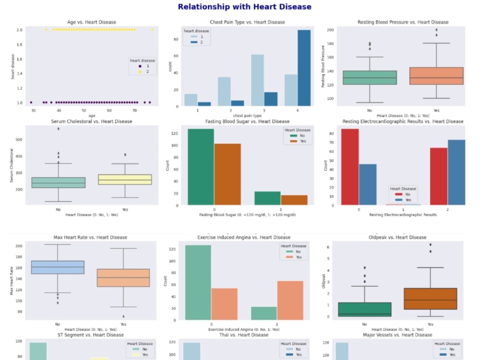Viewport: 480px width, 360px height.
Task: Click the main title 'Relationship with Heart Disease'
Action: [244, 7]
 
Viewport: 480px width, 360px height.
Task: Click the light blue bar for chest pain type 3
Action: [257, 80]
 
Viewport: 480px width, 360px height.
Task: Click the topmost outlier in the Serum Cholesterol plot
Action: [59, 129]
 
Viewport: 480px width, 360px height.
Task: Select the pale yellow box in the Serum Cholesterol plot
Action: [125, 180]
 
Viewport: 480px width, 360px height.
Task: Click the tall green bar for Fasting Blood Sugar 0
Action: [201, 167]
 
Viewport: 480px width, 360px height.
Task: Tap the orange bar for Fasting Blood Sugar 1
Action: [294, 200]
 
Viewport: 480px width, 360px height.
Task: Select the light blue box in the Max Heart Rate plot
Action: [58, 267]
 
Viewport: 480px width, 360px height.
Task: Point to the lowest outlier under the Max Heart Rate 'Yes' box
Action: [124, 316]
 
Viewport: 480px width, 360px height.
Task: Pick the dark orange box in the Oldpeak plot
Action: [437, 299]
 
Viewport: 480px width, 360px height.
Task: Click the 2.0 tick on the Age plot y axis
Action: [20, 29]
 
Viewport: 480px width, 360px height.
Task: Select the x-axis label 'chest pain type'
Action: [247, 115]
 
